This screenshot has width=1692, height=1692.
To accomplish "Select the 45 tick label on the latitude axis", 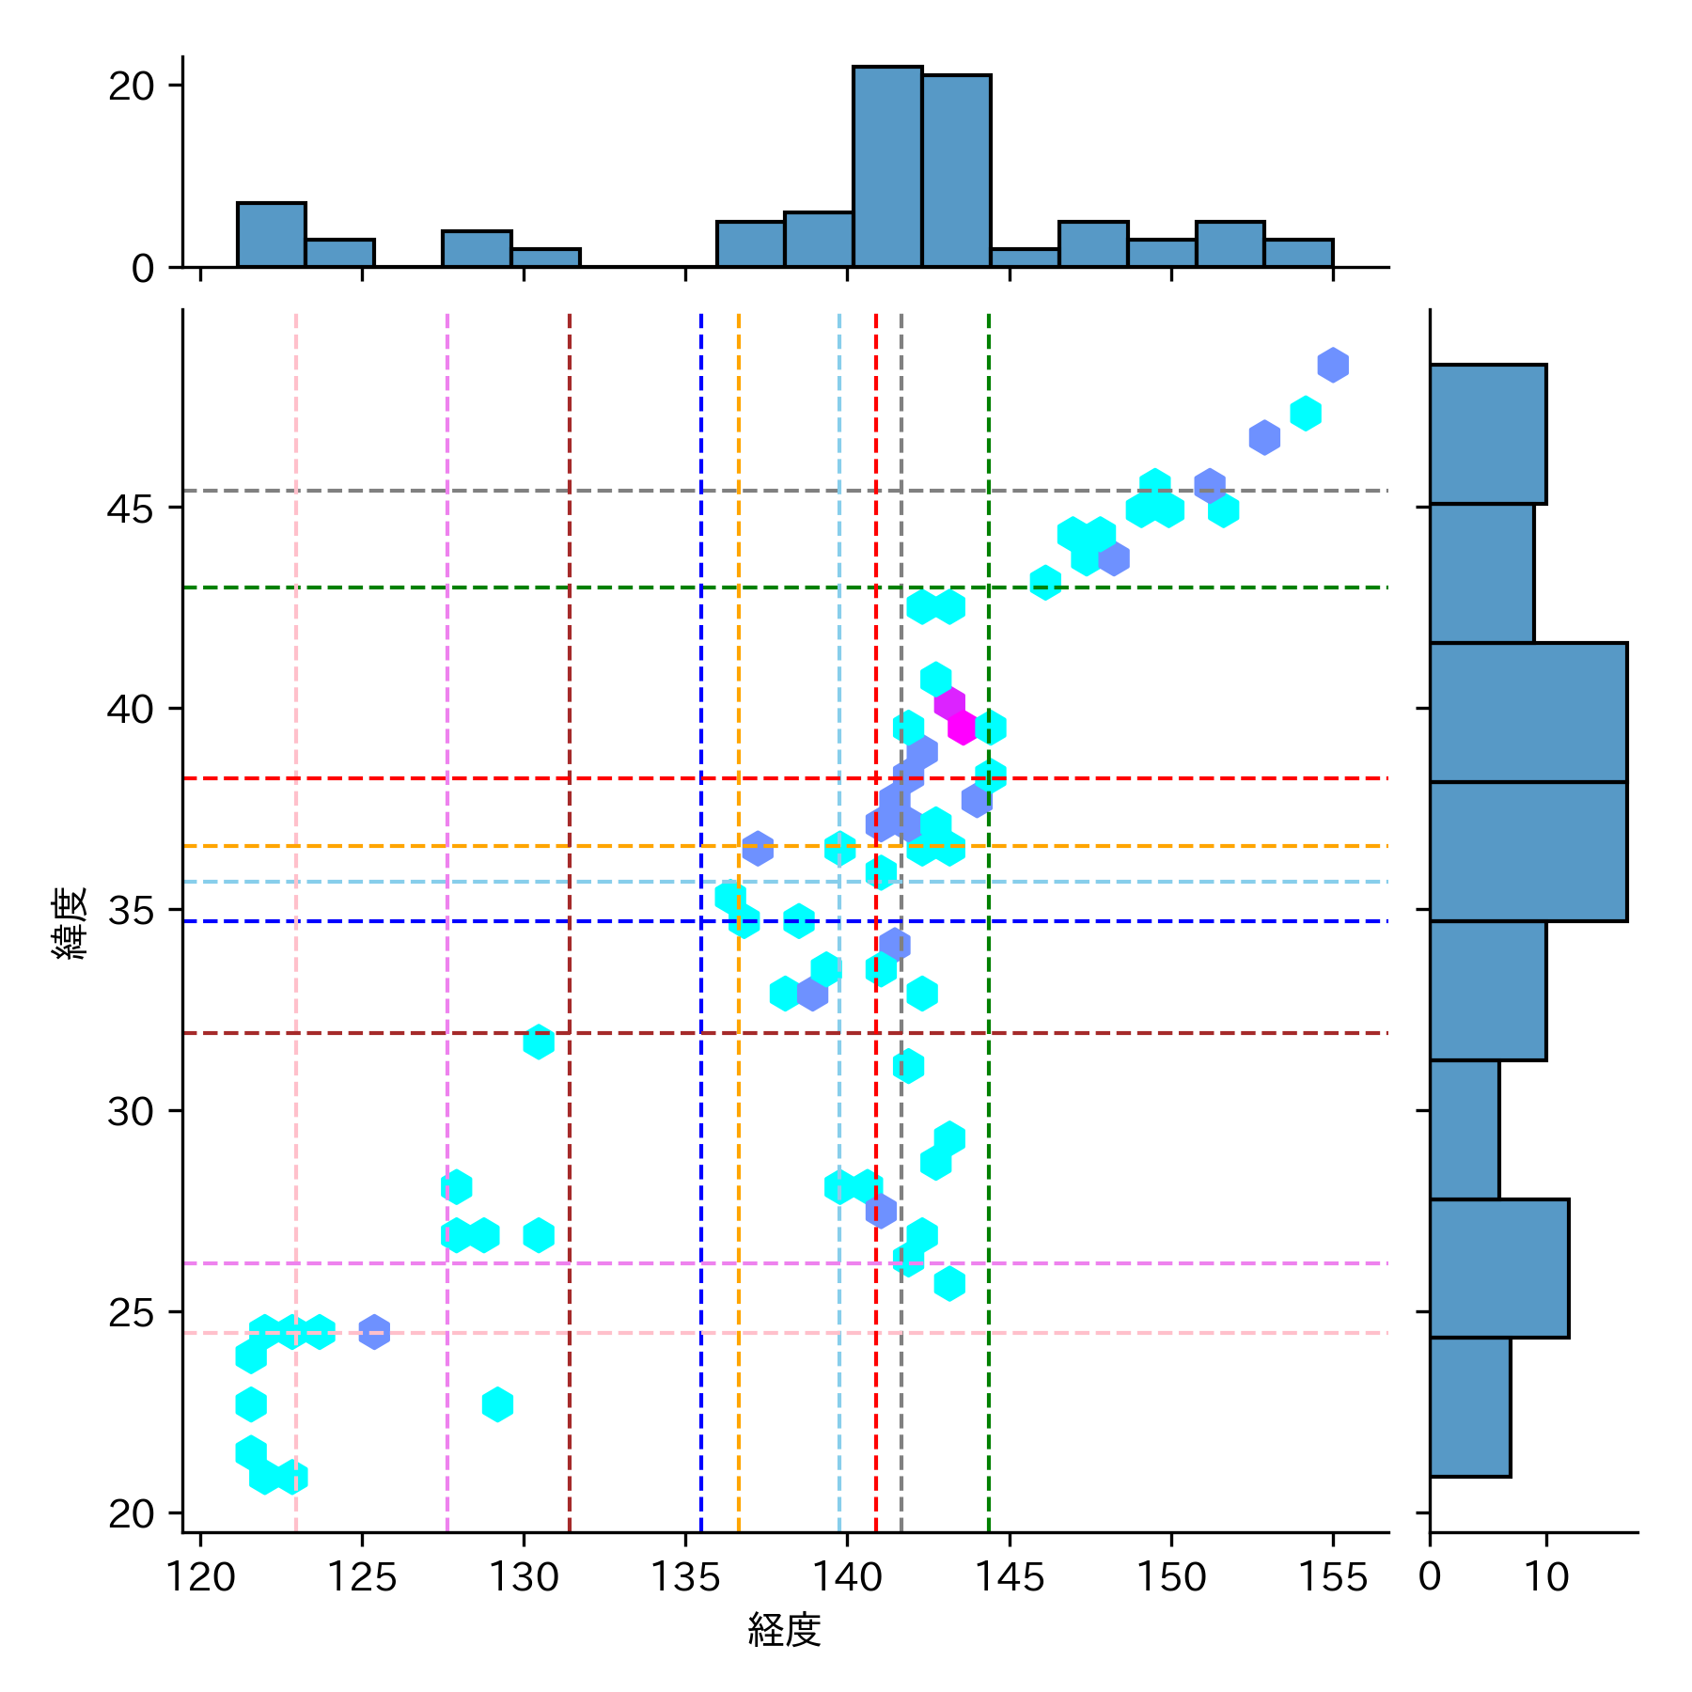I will pos(131,509).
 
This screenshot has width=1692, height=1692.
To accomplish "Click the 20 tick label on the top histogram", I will pos(131,86).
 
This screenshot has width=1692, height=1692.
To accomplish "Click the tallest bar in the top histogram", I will pos(887,167).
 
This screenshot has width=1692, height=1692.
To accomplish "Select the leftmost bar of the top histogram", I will pos(272,235).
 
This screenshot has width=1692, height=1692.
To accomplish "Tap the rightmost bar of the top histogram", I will pos(1298,254).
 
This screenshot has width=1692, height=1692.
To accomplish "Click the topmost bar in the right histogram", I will pos(1488,434).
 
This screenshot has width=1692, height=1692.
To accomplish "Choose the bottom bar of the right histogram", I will pos(1470,1407).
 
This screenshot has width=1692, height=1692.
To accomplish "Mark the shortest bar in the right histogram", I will pos(1465,1130).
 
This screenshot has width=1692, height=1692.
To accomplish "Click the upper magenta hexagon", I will pos(949,703).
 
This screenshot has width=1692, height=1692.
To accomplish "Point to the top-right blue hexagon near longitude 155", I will pos(1332,365).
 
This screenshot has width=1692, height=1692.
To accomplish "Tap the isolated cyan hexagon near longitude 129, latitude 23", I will pos(497,1404).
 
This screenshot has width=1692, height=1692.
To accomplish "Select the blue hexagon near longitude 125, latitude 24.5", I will pos(374,1331).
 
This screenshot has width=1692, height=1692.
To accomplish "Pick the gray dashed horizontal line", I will pos(658,491).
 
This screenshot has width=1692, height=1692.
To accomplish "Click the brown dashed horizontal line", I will pos(658,1033).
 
